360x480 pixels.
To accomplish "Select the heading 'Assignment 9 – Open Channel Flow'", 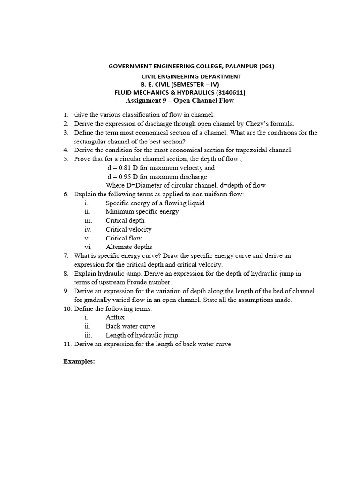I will pos(180,101).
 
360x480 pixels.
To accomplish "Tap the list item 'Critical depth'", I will pos(125,220).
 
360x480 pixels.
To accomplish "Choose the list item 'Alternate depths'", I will pos(129,247).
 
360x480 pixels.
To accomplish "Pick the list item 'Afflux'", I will pos(115,317).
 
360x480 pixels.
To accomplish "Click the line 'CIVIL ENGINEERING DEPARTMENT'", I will pos(192,76).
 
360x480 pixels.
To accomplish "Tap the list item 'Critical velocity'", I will pos(128,229).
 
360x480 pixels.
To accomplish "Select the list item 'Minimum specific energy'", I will pos(142,211).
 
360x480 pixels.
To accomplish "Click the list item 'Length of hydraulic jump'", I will pos(142,335).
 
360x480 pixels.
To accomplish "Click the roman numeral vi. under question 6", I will pos(88,247).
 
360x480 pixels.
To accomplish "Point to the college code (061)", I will pos(267,66).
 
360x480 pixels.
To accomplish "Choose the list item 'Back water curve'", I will pos(130,326).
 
